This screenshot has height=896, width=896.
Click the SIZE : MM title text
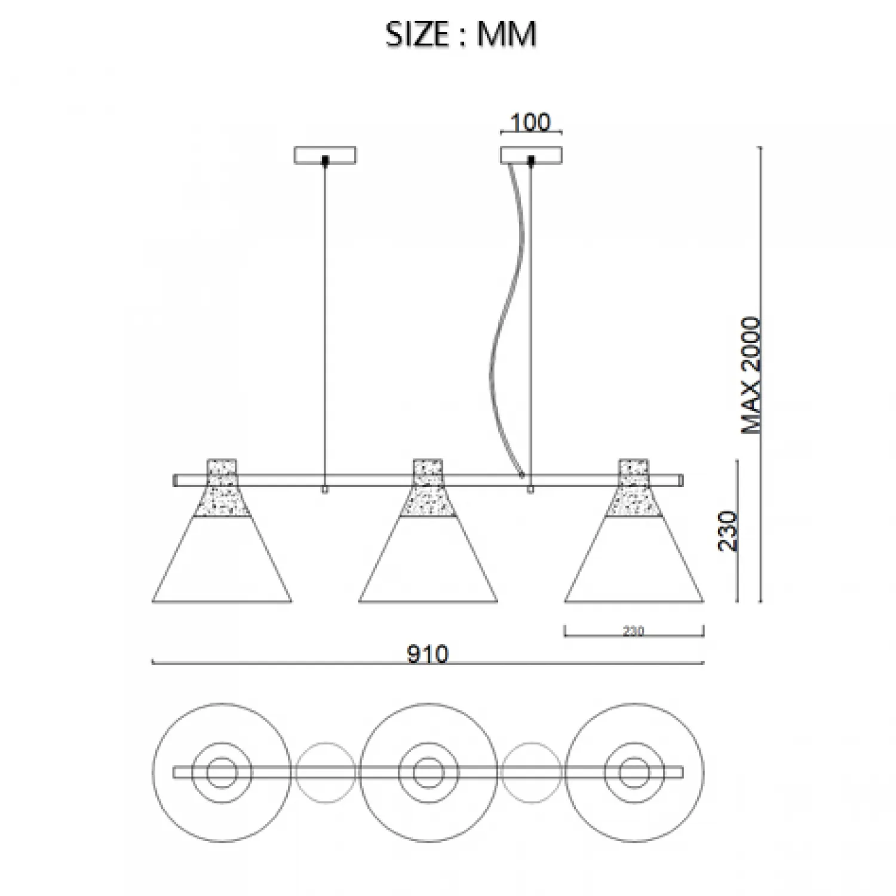tap(461, 34)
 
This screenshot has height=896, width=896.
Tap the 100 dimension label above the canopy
tap(531, 122)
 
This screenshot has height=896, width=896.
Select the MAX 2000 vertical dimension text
tap(751, 375)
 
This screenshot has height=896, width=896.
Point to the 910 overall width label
tap(428, 655)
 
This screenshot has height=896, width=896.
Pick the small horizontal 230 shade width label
tap(633, 631)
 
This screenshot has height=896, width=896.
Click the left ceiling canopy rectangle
tap(325, 155)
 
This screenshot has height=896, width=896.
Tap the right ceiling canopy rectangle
tap(531, 155)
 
